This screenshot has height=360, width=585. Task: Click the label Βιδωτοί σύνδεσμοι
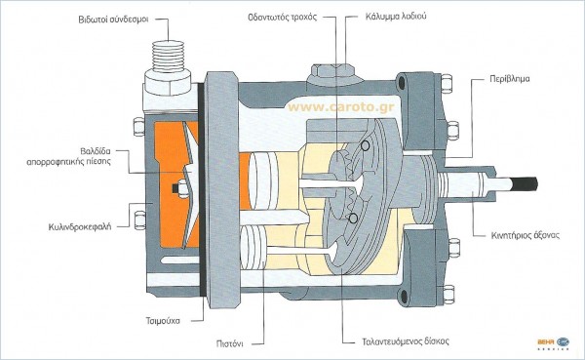click(113, 20)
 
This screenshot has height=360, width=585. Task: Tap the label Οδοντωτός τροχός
click(283, 17)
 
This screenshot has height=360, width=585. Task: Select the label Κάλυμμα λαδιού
click(396, 17)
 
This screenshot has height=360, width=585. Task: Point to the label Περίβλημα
click(510, 79)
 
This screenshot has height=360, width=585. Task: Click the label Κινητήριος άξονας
click(526, 235)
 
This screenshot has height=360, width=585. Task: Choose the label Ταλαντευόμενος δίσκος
click(406, 341)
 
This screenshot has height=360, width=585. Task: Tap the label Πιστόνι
click(230, 343)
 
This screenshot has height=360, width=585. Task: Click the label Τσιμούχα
click(163, 321)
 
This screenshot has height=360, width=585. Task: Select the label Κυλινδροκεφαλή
click(80, 227)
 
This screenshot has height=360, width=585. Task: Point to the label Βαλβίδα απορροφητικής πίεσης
click(69, 156)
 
